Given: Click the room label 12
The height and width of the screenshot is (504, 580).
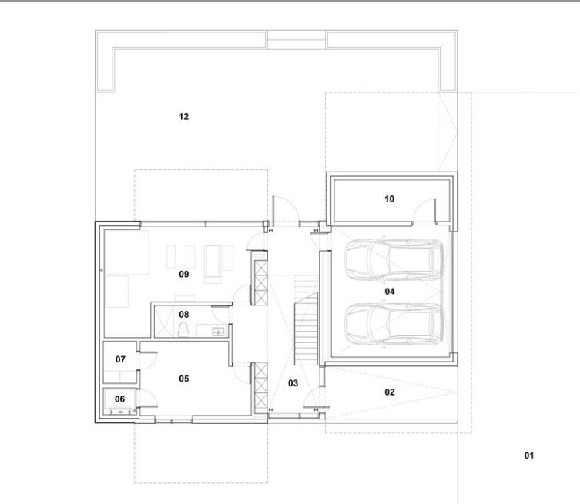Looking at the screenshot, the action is [184, 117].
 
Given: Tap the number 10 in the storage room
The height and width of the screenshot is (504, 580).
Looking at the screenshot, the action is [389, 199].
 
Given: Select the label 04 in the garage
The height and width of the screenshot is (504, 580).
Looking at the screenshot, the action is [390, 292].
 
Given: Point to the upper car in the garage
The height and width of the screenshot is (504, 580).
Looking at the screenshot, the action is [394, 259].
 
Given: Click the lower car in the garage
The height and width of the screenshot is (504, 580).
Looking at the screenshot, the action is [394, 325].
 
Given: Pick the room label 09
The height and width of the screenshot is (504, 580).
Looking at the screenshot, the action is [184, 274].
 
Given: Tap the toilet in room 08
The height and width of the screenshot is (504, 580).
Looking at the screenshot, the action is [183, 329].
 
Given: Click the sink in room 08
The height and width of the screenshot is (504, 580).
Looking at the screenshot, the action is [217, 331].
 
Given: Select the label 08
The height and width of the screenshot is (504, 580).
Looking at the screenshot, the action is [184, 315].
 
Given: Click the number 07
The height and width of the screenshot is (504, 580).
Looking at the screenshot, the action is [120, 359].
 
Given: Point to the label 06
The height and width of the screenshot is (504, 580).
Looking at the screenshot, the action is [119, 399].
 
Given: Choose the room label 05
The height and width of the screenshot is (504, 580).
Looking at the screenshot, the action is [184, 379].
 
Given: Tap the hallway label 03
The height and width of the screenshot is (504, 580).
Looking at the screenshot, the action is [293, 383].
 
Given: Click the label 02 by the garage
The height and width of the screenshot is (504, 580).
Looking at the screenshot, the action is [390, 392].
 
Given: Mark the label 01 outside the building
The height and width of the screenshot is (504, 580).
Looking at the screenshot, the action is [529, 456].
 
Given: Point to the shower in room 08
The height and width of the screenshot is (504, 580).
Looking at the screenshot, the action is [163, 321].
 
